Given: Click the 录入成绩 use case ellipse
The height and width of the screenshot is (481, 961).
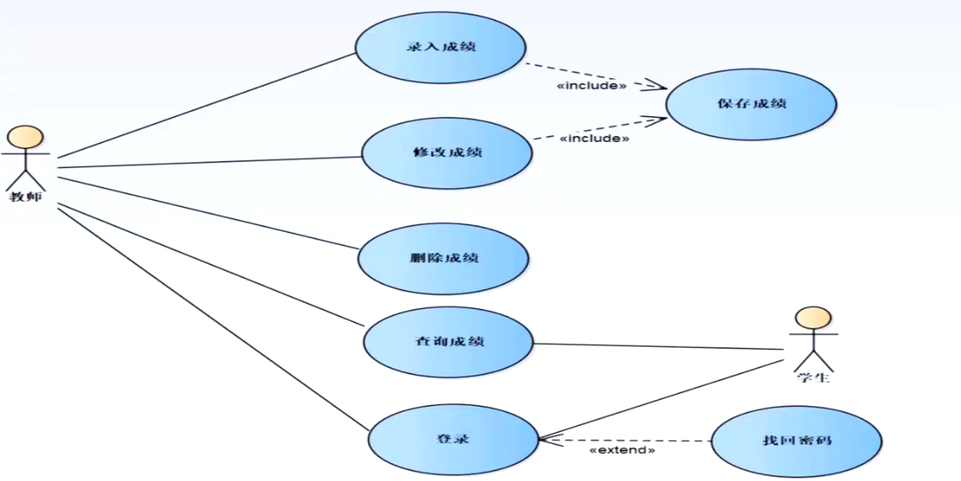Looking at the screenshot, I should [x=440, y=47].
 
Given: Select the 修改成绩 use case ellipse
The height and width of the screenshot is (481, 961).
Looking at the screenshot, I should [x=447, y=153].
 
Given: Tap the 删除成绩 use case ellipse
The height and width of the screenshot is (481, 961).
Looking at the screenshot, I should [x=444, y=259].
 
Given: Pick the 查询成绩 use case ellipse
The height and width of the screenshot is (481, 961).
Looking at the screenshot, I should [x=448, y=342].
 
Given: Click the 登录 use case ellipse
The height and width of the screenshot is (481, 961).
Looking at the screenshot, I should [x=453, y=438].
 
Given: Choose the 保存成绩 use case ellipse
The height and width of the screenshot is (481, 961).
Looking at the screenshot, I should [x=751, y=104].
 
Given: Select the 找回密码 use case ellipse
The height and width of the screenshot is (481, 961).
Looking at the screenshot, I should [x=796, y=441].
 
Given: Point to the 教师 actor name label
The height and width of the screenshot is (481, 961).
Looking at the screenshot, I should [x=25, y=196].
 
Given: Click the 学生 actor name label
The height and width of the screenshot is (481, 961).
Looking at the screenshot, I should [x=813, y=377].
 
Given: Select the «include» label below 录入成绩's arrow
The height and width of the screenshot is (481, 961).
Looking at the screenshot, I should [x=592, y=85].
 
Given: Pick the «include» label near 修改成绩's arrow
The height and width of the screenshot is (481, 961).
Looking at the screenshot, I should [x=594, y=139].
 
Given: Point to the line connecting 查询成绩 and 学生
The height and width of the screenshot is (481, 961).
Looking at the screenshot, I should [x=659, y=346].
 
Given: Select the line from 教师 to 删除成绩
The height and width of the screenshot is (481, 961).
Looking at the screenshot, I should [x=209, y=213].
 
